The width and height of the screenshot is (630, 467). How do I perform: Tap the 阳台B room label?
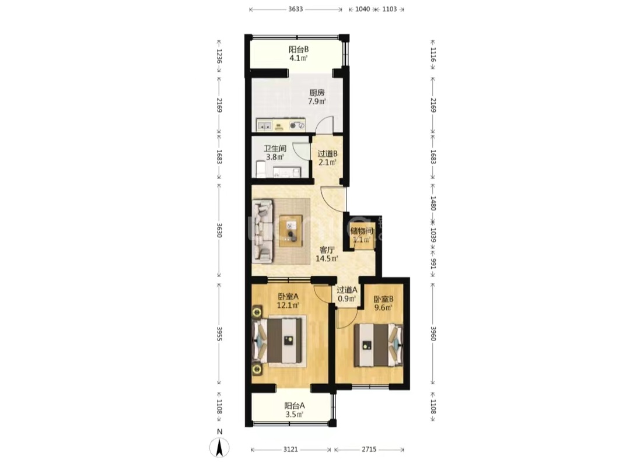299,50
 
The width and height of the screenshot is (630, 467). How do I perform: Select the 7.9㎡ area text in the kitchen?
317,101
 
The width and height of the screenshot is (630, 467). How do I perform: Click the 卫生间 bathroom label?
275,149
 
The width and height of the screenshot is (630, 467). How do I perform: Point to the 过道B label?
327,154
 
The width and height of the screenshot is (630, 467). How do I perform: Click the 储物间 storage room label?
362,231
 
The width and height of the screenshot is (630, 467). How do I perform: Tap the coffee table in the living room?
291,231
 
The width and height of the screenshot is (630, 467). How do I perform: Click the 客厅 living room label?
327,250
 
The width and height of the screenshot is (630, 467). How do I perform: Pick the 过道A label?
347,290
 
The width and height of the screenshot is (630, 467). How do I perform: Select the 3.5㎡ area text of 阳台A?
294,415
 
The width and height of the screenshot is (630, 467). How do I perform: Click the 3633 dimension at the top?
295,9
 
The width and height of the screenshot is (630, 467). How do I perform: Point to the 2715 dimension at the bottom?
369,450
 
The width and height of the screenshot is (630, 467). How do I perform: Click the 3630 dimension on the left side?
219,230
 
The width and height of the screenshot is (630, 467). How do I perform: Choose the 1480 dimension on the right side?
433,203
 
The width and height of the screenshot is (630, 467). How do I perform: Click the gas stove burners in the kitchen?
297,126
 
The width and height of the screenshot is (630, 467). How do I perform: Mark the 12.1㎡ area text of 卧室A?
288,306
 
